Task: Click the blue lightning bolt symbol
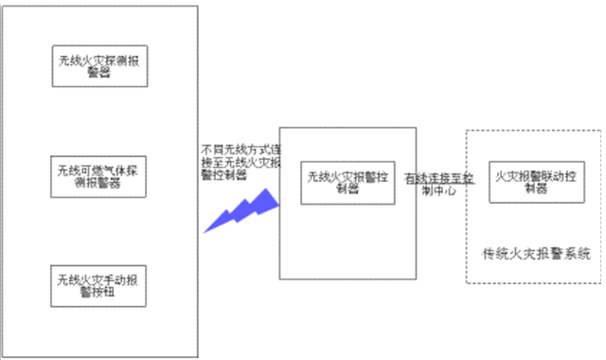click(242, 211)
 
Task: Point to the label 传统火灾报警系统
click(536, 253)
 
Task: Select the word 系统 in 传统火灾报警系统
click(578, 253)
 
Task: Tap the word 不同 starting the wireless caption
click(210, 150)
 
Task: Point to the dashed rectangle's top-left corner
click(467, 131)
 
